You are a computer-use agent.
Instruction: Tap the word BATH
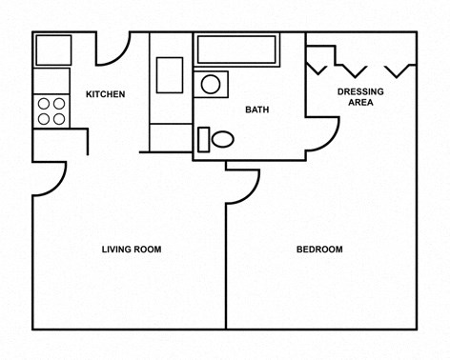[x=256, y=110]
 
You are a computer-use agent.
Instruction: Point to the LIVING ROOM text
[x=132, y=250]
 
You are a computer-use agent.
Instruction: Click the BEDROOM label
[x=319, y=250]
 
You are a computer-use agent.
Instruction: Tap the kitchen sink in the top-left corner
[x=52, y=49]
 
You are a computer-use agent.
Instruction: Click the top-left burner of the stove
[x=44, y=104]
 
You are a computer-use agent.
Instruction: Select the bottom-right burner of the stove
[x=59, y=119]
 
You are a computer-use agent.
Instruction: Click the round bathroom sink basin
[x=211, y=85]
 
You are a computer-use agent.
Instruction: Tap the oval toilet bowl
[x=223, y=139]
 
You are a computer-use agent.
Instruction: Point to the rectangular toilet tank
[x=203, y=139]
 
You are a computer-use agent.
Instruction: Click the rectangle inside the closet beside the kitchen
[x=170, y=74]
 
